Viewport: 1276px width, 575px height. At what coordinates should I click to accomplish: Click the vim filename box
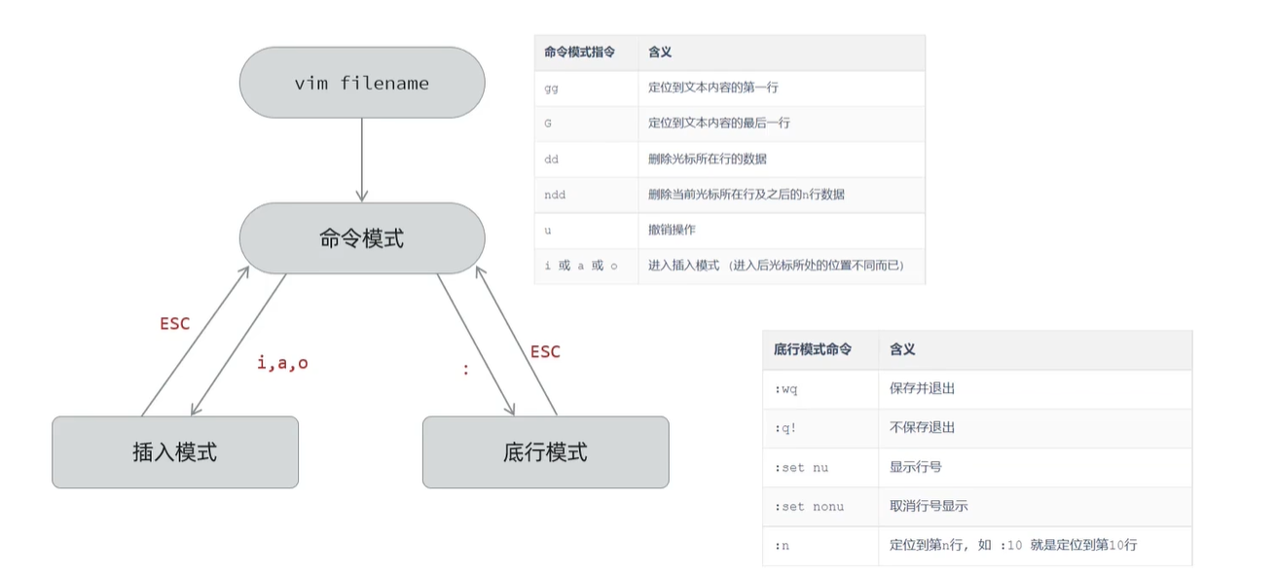(361, 83)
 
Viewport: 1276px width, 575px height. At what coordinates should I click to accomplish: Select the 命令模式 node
(361, 238)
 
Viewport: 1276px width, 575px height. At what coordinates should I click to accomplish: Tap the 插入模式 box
(175, 452)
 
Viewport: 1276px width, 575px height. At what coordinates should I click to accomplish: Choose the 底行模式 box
(545, 452)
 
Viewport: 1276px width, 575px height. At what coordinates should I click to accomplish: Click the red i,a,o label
(282, 363)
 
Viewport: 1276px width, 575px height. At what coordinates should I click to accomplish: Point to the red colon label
(466, 370)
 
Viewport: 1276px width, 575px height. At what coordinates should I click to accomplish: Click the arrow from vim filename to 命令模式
(361, 160)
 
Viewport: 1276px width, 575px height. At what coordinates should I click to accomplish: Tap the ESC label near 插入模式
(175, 324)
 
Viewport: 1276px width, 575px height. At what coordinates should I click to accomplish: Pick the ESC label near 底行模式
(545, 351)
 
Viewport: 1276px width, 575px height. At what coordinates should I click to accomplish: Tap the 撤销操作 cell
(672, 231)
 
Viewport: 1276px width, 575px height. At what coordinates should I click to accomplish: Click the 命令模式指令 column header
(580, 53)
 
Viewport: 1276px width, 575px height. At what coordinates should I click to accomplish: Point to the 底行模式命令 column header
(813, 349)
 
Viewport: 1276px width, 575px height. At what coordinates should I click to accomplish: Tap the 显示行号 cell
(915, 467)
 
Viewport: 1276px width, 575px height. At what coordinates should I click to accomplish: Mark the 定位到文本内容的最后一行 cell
(719, 124)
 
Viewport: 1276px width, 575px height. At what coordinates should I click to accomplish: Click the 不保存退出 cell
(922, 427)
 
